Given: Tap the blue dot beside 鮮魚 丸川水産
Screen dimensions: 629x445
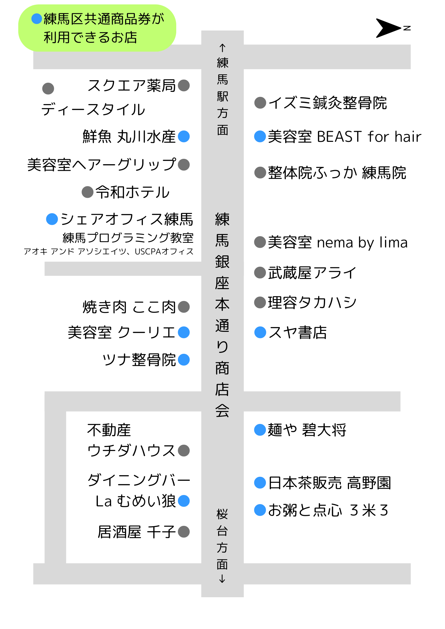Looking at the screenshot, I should pos(184,136).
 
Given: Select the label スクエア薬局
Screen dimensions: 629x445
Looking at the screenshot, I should pos(131,86).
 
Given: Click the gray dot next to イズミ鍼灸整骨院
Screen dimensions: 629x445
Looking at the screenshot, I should pos(260,103).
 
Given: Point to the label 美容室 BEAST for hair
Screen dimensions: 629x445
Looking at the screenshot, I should pos(344,137).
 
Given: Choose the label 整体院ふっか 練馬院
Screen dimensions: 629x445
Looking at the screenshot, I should pos(337,173).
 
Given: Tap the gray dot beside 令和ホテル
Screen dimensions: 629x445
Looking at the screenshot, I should pos(87,192).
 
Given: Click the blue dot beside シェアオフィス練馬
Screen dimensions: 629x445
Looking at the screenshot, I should pos(52,219).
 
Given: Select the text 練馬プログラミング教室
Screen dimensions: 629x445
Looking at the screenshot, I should pos(128,238).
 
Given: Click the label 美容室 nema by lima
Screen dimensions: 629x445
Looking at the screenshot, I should pos(337,242).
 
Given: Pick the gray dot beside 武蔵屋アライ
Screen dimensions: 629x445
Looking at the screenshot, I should pos(260,273).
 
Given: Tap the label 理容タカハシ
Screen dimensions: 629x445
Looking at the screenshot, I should pos(312,303).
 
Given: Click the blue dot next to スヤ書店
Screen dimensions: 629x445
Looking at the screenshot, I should pos(260,332).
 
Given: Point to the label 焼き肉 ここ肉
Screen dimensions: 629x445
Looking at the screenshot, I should pos(129,307).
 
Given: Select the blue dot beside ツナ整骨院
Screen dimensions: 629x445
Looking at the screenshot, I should pos(184,360).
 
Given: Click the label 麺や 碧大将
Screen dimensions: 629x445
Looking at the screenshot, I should pos(307,430).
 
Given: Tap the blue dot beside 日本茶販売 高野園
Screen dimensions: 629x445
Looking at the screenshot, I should pos(260,483).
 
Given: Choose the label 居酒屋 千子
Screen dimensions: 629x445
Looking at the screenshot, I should pos(136,532).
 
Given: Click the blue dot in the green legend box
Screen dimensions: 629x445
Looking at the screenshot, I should pos(37,19).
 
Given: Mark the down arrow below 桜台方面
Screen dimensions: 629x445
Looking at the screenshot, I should pos(222,579).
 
